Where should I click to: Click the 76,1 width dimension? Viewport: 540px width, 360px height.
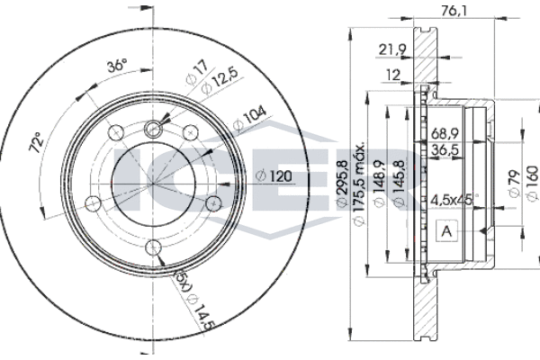click(454, 12)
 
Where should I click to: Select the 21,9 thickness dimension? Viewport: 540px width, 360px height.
click(392, 49)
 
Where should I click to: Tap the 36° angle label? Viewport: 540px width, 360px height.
click(117, 65)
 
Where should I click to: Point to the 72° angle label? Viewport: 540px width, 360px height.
click(37, 142)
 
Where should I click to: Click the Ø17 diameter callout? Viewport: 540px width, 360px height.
click(197, 72)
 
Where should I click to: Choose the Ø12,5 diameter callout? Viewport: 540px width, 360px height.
click(219, 81)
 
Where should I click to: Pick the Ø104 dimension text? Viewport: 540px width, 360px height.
click(249, 118)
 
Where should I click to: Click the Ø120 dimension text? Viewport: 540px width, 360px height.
click(274, 176)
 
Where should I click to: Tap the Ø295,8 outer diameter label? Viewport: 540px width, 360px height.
click(343, 183)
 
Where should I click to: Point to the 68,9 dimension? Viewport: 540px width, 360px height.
click(445, 133)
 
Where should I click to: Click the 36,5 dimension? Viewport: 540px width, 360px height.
click(445, 150)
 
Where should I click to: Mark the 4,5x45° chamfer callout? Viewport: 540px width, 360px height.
click(454, 200)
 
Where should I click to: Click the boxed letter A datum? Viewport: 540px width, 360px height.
click(446, 230)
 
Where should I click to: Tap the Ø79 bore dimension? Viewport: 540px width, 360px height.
click(515, 184)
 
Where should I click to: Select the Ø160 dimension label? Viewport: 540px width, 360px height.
click(532, 183)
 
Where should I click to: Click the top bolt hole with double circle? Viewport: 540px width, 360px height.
click(153, 130)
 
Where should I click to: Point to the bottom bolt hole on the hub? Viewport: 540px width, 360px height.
click(153, 247)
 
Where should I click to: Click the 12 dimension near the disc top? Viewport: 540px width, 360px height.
click(392, 75)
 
